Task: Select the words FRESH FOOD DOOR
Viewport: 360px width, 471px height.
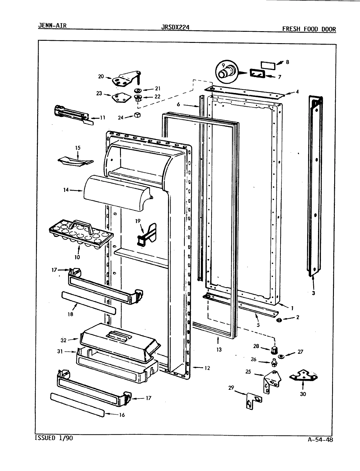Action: pyautogui.click(x=309, y=29)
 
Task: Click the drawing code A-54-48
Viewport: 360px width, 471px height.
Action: pyautogui.click(x=320, y=440)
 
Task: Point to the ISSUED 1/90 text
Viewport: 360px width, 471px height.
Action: pyautogui.click(x=54, y=438)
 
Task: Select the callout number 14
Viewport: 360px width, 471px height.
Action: pyautogui.click(x=66, y=190)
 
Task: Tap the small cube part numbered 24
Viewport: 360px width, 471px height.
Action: pyautogui.click(x=138, y=115)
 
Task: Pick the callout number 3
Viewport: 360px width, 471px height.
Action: pyautogui.click(x=313, y=293)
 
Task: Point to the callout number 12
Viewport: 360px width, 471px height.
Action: pyautogui.click(x=207, y=368)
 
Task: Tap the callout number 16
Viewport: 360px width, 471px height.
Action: pyautogui.click(x=121, y=415)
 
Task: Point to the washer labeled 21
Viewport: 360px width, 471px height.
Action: pyautogui.click(x=138, y=90)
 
